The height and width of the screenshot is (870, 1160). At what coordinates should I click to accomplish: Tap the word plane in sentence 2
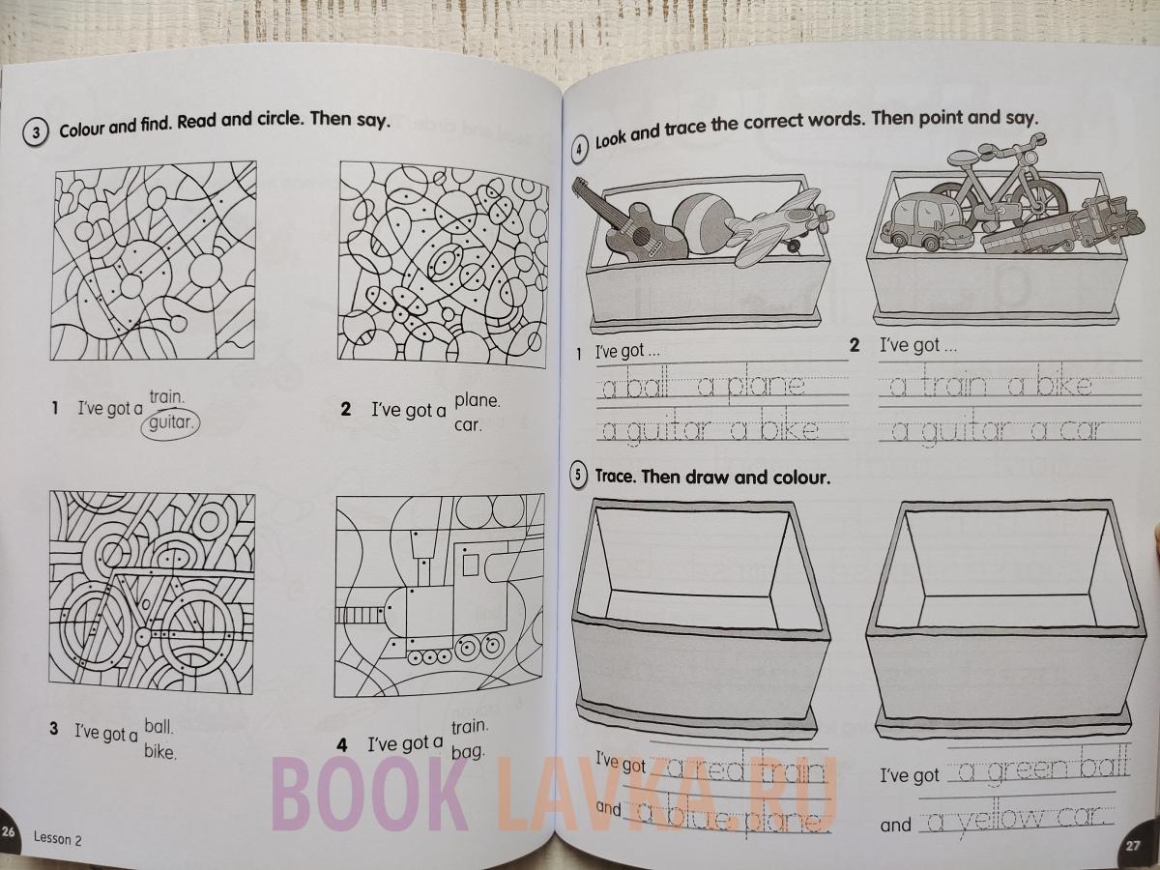(478, 400)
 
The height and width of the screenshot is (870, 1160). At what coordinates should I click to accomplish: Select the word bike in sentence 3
(160, 751)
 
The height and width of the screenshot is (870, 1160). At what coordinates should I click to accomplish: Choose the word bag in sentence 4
(468, 751)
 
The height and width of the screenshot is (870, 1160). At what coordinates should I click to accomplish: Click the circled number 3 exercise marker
(35, 132)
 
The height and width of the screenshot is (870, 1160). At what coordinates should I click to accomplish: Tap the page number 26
(8, 832)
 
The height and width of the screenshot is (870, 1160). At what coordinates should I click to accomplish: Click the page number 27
(1133, 846)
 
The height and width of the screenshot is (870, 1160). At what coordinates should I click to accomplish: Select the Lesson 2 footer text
(58, 839)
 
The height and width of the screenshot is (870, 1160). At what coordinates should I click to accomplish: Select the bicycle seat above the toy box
(966, 157)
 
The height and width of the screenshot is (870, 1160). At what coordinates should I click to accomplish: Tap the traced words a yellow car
(1015, 820)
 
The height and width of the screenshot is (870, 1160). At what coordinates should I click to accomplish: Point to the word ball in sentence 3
(159, 727)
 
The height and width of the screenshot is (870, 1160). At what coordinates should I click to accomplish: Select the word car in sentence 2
(468, 424)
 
